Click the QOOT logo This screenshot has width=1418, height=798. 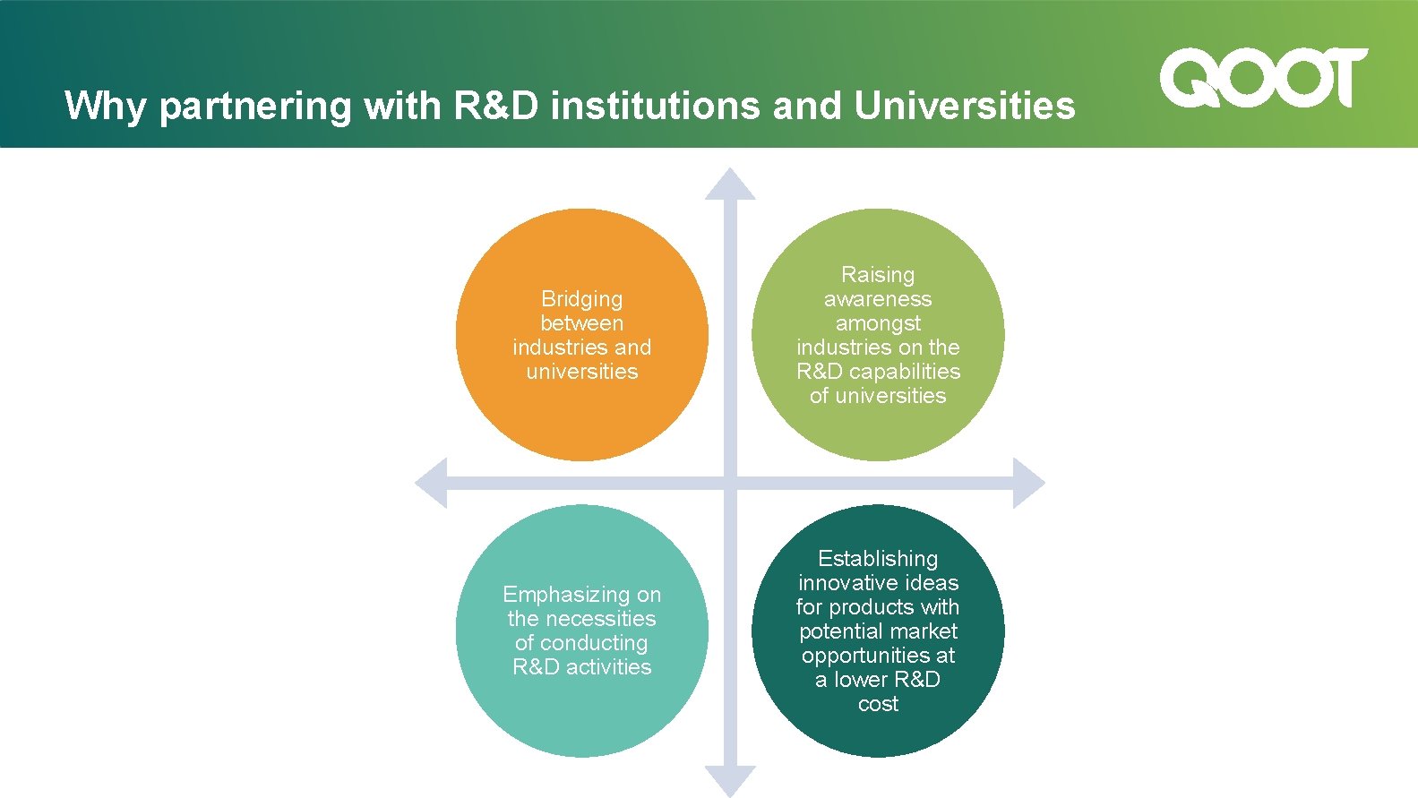[1263, 78]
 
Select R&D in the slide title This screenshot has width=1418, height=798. [496, 106]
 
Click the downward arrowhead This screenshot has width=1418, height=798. [730, 780]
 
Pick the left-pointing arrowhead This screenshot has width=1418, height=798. [432, 484]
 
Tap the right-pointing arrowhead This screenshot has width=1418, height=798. [1028, 484]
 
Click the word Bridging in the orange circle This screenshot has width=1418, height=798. [581, 299]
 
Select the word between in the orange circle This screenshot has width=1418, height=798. [581, 323]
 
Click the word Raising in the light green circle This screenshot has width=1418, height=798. [878, 275]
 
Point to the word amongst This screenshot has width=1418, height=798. [878, 323]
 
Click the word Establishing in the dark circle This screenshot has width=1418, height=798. [878, 559]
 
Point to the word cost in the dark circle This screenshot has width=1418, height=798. [878, 704]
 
